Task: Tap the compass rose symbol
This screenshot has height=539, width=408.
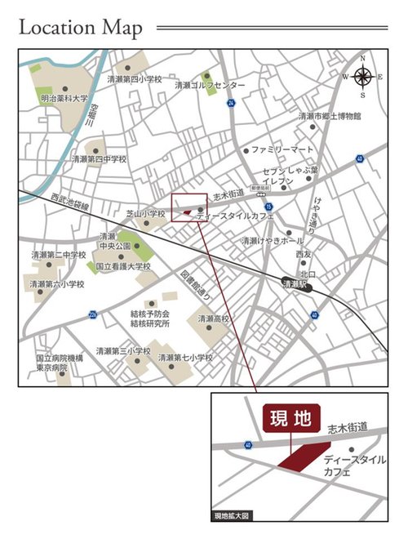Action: (x=364, y=77)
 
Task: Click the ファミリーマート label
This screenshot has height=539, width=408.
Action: (x=282, y=150)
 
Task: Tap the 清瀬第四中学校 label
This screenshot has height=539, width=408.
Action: (x=100, y=159)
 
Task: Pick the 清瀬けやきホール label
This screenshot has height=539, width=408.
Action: (x=272, y=241)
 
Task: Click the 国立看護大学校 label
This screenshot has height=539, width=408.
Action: (x=123, y=266)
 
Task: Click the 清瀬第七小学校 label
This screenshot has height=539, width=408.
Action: (x=185, y=358)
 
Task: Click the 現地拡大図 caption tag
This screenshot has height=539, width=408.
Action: (x=235, y=515)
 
